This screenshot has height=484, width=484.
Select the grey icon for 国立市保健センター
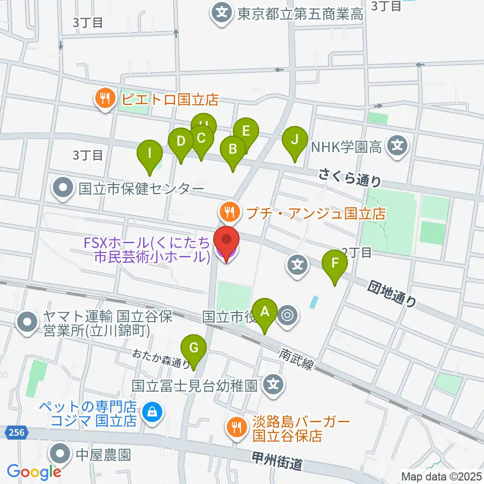64,189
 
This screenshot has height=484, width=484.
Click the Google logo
34,472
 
